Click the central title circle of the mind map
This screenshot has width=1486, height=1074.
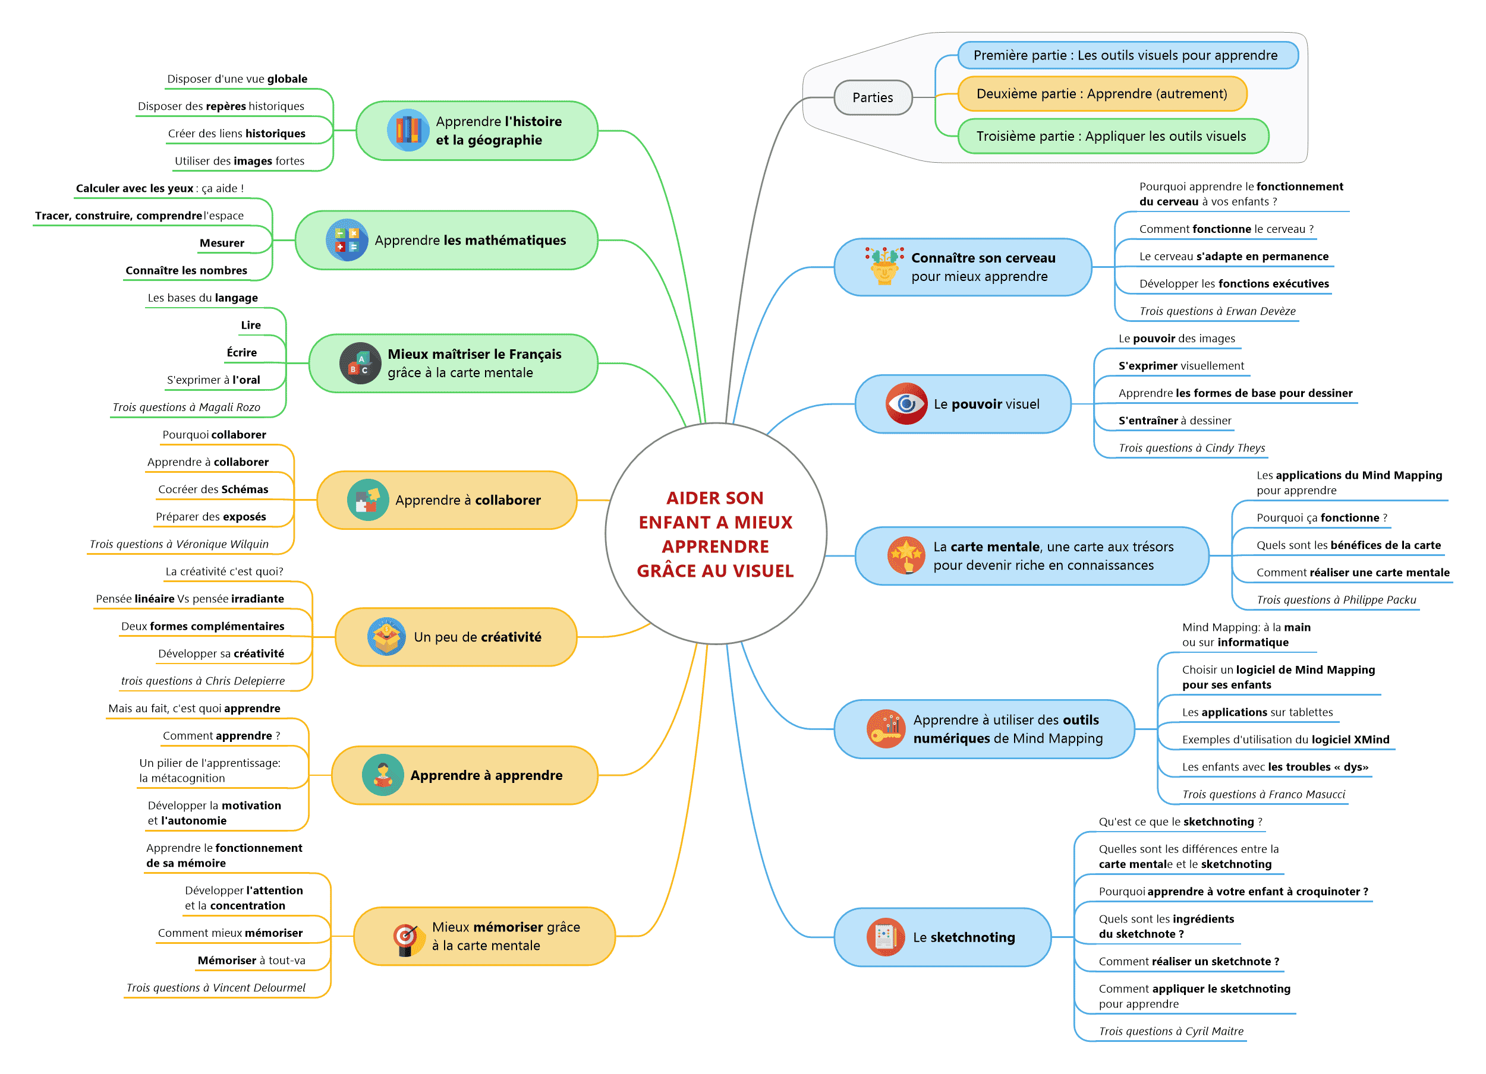(715, 533)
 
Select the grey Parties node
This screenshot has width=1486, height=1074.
(872, 97)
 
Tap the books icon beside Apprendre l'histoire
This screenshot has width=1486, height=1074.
(408, 130)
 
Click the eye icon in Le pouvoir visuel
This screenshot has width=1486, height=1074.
(905, 403)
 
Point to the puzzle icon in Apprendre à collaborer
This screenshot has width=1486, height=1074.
(367, 500)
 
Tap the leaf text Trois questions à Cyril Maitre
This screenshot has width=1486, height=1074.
(1170, 1031)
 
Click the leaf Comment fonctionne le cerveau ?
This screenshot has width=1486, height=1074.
(1225, 229)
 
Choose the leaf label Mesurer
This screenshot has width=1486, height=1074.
(222, 243)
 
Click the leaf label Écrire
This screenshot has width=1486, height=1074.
(242, 352)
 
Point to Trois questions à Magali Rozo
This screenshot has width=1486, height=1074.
(186, 408)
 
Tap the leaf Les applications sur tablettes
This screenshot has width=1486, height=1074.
(1257, 712)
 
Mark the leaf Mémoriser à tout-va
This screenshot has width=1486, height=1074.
(251, 960)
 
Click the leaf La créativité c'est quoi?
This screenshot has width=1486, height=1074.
(224, 571)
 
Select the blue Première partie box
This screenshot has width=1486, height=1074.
(1127, 55)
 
